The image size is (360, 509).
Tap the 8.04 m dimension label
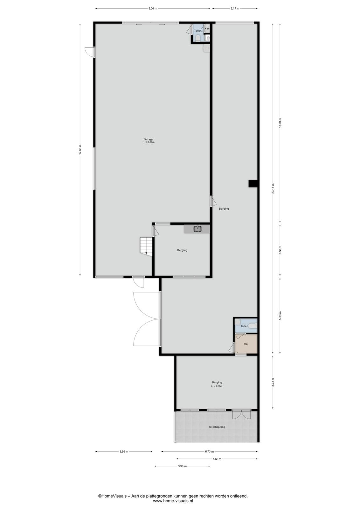152,8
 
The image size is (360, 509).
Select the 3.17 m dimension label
235,8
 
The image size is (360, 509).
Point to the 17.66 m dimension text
80,150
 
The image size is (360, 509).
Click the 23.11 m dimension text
273,188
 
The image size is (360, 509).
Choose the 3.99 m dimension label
124,451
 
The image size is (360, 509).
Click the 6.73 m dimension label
209,451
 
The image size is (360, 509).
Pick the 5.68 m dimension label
217,459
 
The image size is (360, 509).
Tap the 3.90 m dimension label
182,466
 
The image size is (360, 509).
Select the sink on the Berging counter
198,229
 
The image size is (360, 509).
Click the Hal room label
246,344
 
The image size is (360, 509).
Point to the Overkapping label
217,427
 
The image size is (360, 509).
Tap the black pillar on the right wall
253,184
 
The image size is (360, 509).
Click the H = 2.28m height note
217,386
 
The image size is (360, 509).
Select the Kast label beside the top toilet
207,28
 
